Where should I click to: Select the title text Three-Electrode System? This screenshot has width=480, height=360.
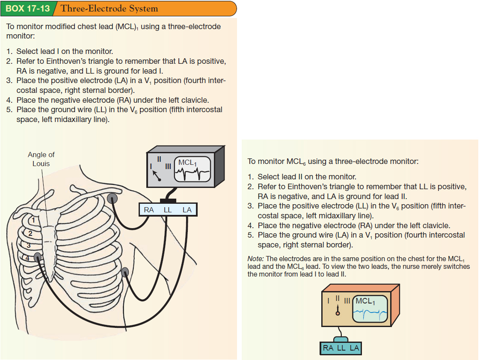pyautogui.click(x=109, y=8)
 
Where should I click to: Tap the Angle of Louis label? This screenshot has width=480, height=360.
pyautogui.click(x=41, y=159)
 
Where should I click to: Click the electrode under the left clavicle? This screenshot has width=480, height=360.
pyautogui.click(x=112, y=198)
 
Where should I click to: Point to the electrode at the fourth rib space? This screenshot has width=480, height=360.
pyautogui.click(x=38, y=257)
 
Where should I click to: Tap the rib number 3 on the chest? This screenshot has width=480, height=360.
pyautogui.click(x=29, y=246)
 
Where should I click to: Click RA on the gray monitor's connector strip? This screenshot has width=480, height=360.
pyautogui.click(x=149, y=210)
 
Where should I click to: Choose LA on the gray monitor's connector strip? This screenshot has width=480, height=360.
pyautogui.click(x=187, y=210)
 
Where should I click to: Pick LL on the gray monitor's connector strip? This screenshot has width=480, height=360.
pyautogui.click(x=168, y=210)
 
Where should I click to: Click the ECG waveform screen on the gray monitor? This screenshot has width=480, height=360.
pyautogui.click(x=193, y=170)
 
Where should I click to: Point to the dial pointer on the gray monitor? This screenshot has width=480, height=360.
pyautogui.click(x=156, y=176)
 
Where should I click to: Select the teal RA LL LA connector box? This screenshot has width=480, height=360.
pyautogui.click(x=341, y=348)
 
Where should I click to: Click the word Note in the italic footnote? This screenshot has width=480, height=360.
pyautogui.click(x=255, y=259)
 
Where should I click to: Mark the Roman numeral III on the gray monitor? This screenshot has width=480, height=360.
pyautogui.click(x=168, y=166)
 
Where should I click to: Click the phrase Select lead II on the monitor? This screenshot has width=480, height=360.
pyautogui.click(x=307, y=176)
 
